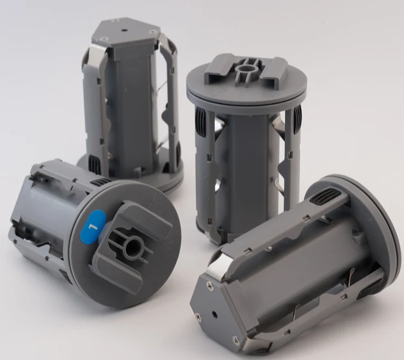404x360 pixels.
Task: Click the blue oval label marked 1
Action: [93, 225]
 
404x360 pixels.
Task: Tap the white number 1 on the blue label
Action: [93, 227]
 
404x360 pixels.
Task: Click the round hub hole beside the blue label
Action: [133, 246]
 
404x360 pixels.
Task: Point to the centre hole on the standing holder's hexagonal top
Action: [124, 30]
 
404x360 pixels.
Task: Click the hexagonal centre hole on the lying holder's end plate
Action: [215, 314]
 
